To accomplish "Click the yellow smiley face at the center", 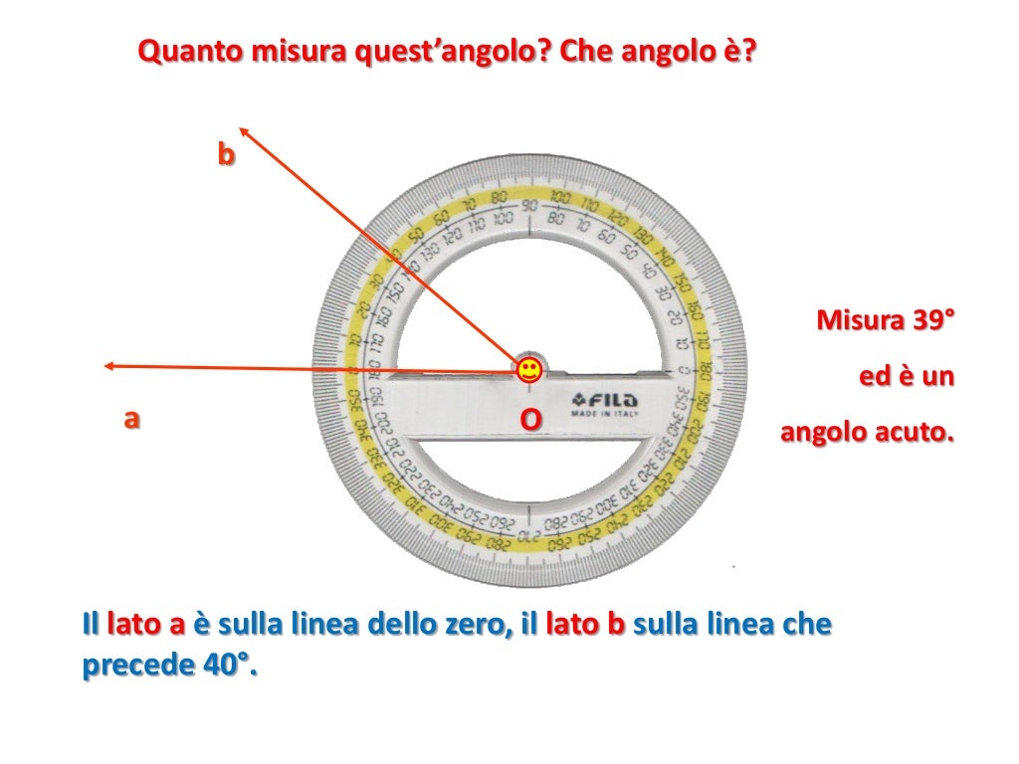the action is click(529, 371).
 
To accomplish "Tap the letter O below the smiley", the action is click(532, 421).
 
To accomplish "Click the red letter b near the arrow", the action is click(227, 155).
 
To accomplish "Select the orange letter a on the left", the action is click(130, 419).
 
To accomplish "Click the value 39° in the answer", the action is click(931, 321).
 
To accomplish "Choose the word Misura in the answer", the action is click(859, 321).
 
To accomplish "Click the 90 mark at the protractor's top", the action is click(529, 205).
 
